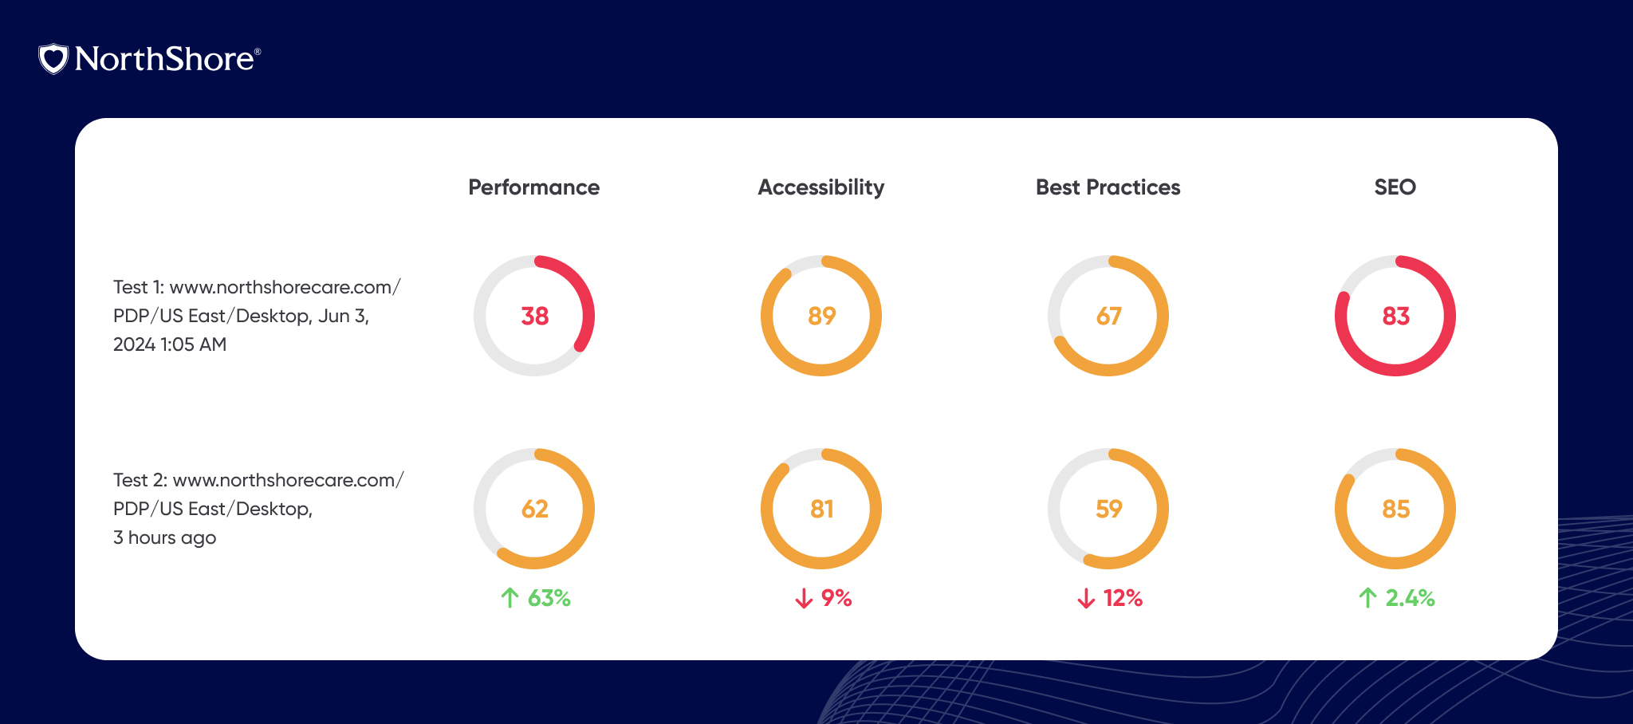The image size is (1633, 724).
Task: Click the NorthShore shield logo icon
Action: point(53,59)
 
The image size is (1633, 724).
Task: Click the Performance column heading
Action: point(533,187)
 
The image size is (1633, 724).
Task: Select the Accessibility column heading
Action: point(820,187)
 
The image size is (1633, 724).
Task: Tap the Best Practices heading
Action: point(1108,187)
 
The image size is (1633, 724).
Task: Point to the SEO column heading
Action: point(1395,187)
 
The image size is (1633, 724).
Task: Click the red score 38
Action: point(534,317)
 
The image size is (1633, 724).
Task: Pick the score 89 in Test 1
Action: point(821,317)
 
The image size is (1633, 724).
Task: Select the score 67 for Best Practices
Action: point(1108,317)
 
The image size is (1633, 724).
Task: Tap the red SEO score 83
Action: point(1395,317)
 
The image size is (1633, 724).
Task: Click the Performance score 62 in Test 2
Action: point(534,510)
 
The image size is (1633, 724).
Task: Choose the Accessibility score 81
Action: point(821,510)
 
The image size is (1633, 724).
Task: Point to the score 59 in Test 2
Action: point(1108,510)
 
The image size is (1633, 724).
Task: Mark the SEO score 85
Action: point(1395,510)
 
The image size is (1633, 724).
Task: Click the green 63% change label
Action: point(549,598)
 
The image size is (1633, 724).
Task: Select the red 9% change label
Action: point(836,598)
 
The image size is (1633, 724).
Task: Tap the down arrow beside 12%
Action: point(1086,598)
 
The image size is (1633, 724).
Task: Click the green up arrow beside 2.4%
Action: point(1367,598)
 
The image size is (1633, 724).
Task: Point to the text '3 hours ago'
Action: point(164,538)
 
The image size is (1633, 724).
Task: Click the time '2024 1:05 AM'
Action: point(170,344)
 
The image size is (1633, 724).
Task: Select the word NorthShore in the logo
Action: point(164,59)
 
